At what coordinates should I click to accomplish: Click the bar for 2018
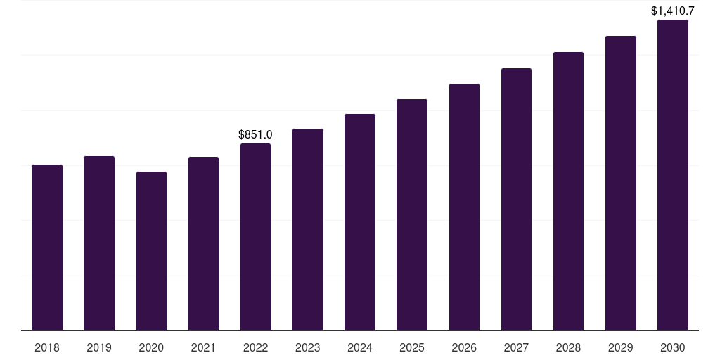tap(47, 247)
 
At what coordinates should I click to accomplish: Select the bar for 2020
tap(151, 251)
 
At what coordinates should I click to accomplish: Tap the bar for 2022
tap(255, 237)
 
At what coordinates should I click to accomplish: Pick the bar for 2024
tap(360, 222)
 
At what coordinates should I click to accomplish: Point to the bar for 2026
tap(464, 207)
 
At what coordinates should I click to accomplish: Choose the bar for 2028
tap(568, 191)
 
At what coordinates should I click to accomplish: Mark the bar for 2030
tap(673, 175)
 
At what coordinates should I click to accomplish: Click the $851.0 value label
tap(255, 134)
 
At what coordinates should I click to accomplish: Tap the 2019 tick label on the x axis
tap(99, 347)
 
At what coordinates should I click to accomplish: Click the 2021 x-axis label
tap(203, 347)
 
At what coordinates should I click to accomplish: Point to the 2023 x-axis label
tap(307, 347)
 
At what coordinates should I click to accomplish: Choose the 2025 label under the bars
tap(412, 347)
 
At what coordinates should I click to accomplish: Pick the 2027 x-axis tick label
tap(516, 347)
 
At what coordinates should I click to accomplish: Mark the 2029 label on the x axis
tap(620, 347)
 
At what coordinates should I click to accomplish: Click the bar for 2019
tap(99, 243)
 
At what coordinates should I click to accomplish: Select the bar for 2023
tap(307, 230)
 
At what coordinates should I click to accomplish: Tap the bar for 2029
tap(620, 184)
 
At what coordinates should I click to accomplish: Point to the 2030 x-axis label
tap(673, 347)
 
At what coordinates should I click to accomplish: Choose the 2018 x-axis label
tap(47, 347)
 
